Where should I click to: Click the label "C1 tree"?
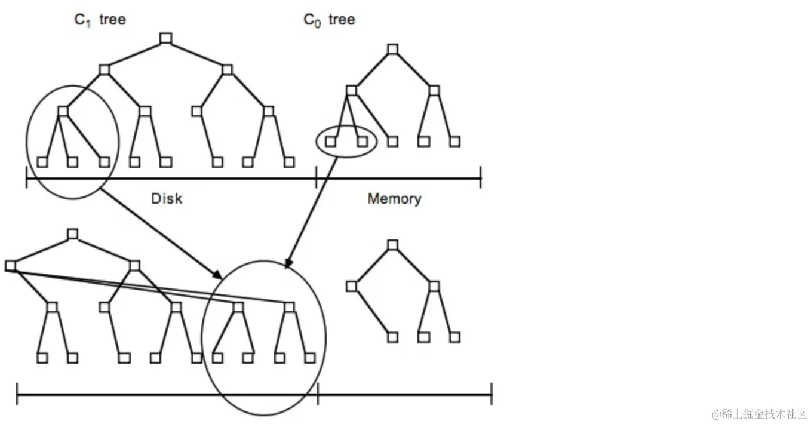coord(100,20)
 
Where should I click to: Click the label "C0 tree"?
coord(329,20)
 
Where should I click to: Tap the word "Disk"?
coord(167,199)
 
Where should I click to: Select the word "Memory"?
coord(394,199)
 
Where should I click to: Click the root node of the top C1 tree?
coord(166,39)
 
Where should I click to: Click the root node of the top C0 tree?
coord(392,49)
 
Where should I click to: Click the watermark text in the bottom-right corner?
coord(758,414)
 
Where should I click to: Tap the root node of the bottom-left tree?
coord(72,234)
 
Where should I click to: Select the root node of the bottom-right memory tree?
coord(392,245)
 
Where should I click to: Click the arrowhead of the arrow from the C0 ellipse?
coord(288,265)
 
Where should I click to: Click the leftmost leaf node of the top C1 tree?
coord(41,162)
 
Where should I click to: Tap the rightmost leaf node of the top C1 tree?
coord(290,162)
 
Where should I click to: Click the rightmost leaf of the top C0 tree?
coord(455,142)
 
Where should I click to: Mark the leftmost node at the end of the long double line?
coord(10,266)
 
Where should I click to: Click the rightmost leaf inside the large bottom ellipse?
coord(309,358)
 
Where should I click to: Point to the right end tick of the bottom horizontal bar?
coord(491,394)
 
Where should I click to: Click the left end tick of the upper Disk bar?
coord(26,178)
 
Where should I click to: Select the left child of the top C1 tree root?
coord(105,70)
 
